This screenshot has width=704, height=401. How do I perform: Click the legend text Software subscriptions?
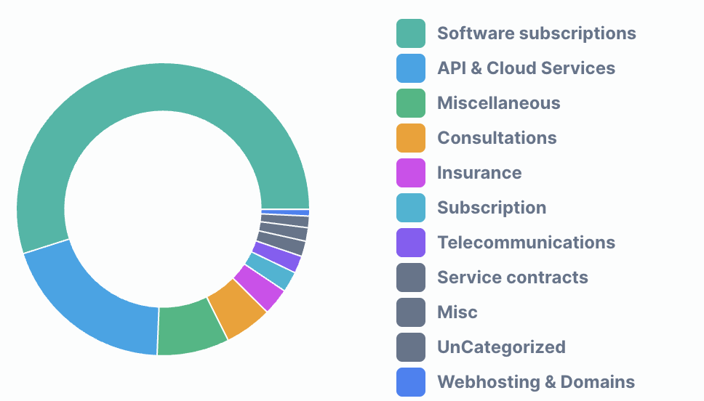[536, 33]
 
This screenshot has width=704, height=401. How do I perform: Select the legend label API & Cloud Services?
[526, 68]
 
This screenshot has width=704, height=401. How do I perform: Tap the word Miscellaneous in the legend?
[498, 103]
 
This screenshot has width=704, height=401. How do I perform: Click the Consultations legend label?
[497, 138]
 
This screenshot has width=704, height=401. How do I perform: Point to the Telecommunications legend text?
[526, 243]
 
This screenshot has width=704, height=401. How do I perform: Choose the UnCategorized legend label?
[501, 347]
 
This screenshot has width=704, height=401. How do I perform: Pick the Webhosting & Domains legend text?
[536, 382]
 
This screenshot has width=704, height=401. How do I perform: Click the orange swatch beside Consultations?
[411, 138]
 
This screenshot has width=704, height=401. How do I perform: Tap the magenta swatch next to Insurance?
[411, 173]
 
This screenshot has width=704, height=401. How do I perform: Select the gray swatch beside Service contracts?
[411, 278]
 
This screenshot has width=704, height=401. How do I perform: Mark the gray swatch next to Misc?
[411, 312]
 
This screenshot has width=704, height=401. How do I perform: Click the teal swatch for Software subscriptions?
[411, 33]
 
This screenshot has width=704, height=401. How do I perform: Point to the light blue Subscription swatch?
[411, 208]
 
